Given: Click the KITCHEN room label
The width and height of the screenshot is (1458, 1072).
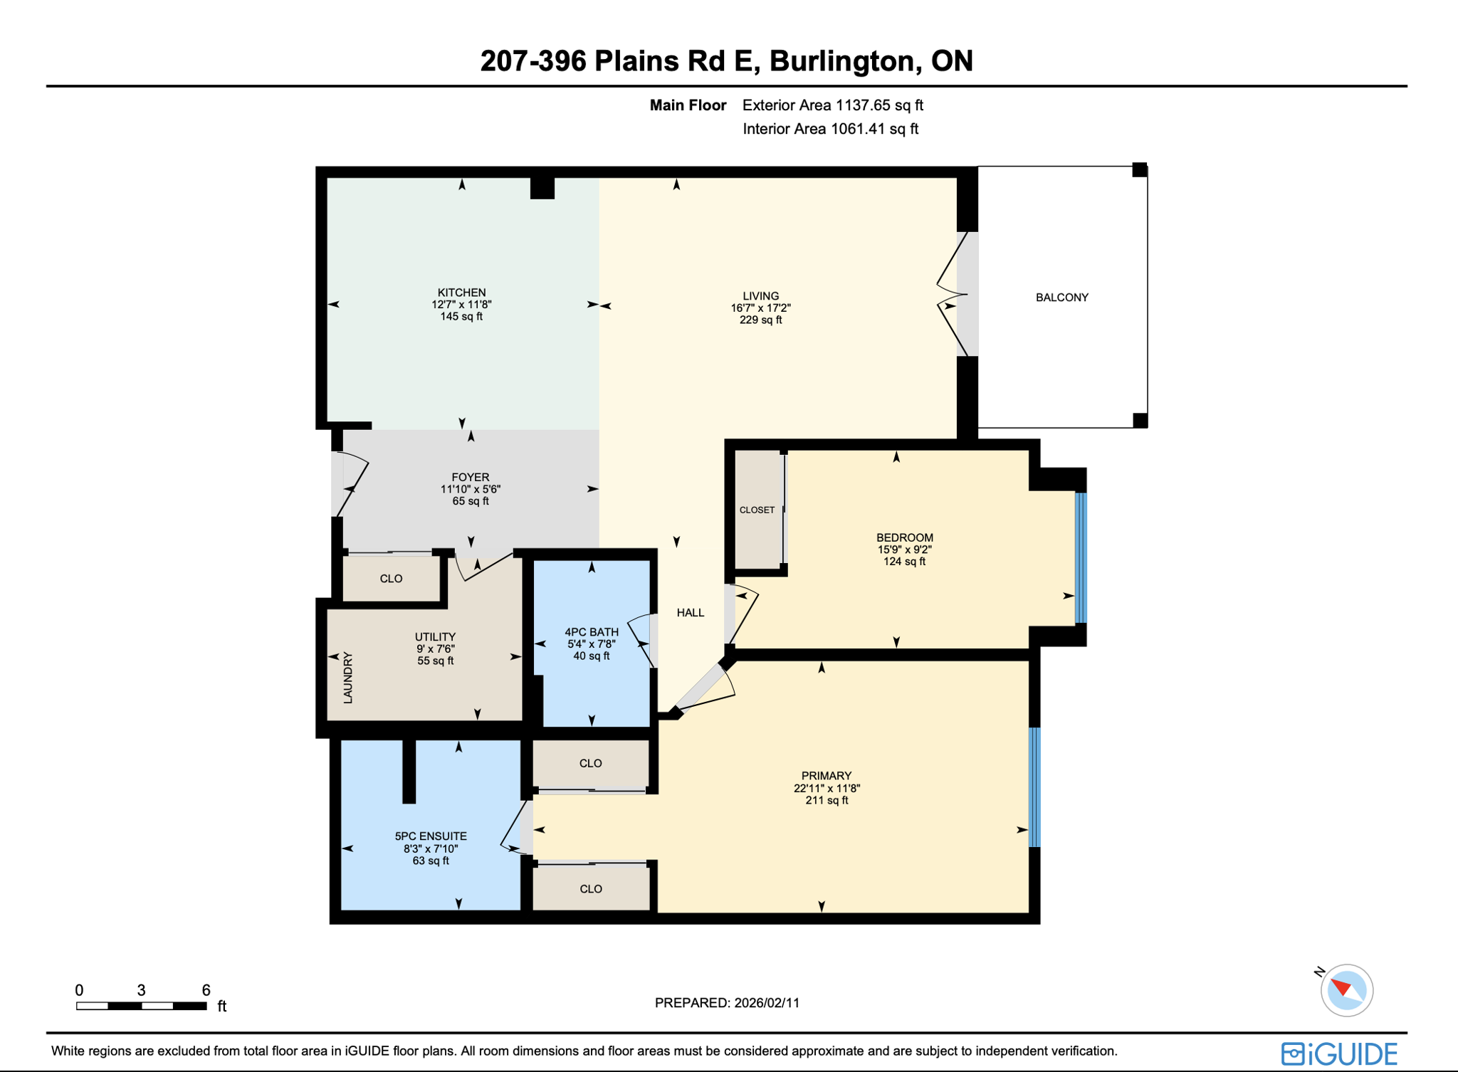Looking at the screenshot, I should coord(461,293).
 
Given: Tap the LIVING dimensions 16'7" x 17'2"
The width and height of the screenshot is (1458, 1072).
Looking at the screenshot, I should coord(760,308).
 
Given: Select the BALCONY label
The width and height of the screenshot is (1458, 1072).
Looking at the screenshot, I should coord(1061,298).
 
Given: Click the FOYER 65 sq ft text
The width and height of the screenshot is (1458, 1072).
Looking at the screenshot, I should coord(470,501).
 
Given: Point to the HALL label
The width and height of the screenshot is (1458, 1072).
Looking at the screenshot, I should coord(690,613).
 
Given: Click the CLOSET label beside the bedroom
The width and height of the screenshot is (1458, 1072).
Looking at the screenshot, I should coord(757,510).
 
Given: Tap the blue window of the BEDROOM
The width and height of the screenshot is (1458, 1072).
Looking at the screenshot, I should coord(1081,557).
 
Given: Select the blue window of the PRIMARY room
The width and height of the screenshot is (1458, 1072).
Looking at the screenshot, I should coord(1034,787).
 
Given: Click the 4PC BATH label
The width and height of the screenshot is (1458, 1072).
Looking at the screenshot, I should coord(591,632).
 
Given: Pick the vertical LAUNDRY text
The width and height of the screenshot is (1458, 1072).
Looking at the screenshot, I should coord(348,678).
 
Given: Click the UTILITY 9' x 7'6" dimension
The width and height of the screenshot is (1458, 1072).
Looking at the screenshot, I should coord(435,649).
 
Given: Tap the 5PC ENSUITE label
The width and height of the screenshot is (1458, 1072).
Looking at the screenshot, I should coord(431,836).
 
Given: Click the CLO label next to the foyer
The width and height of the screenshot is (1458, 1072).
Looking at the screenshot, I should coord(391,579).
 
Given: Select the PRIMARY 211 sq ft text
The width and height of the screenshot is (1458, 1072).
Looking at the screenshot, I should coord(826,801).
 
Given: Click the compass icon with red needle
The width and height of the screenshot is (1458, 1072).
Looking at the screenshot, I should coord(1346,990).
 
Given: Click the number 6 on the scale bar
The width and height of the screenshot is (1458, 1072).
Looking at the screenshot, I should coord(206,990).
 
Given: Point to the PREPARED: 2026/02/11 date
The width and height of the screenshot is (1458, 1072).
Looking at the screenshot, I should coord(727,1003).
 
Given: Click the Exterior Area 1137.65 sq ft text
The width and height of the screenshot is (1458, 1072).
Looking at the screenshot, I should coord(832,105).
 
